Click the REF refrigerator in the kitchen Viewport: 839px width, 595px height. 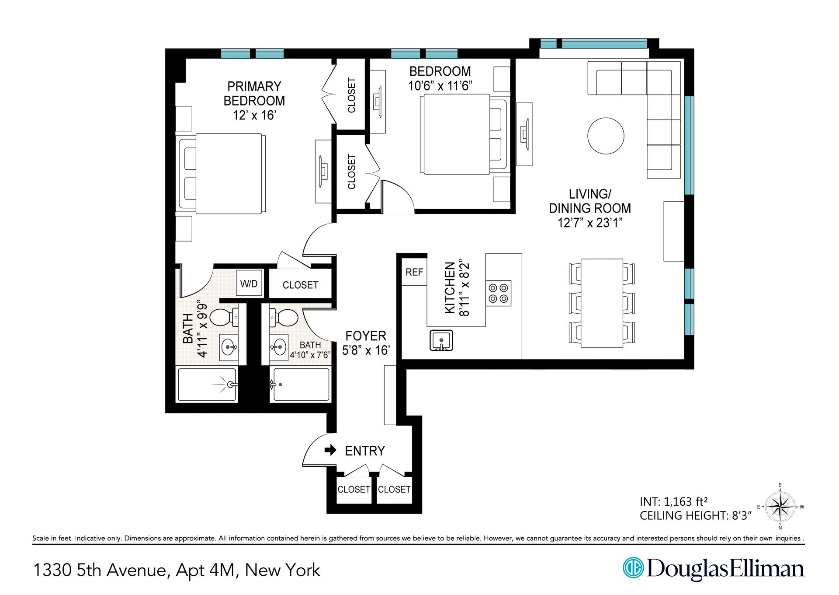(414, 272)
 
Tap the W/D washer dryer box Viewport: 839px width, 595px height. (249, 283)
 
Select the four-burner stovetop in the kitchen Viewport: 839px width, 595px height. (499, 294)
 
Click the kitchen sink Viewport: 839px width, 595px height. (441, 340)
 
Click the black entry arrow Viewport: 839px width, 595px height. (331, 450)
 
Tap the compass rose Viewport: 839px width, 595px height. (780, 507)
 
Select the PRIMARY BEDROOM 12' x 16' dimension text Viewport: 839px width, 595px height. (254, 115)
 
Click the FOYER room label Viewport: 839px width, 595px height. (366, 336)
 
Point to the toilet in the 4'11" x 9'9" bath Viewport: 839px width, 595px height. (223, 317)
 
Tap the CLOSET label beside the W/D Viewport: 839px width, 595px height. (300, 285)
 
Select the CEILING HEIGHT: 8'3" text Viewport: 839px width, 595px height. (695, 516)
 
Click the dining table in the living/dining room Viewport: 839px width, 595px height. (601, 303)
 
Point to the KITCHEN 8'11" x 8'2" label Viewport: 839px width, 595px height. (456, 289)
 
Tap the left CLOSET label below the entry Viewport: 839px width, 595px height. (354, 489)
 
